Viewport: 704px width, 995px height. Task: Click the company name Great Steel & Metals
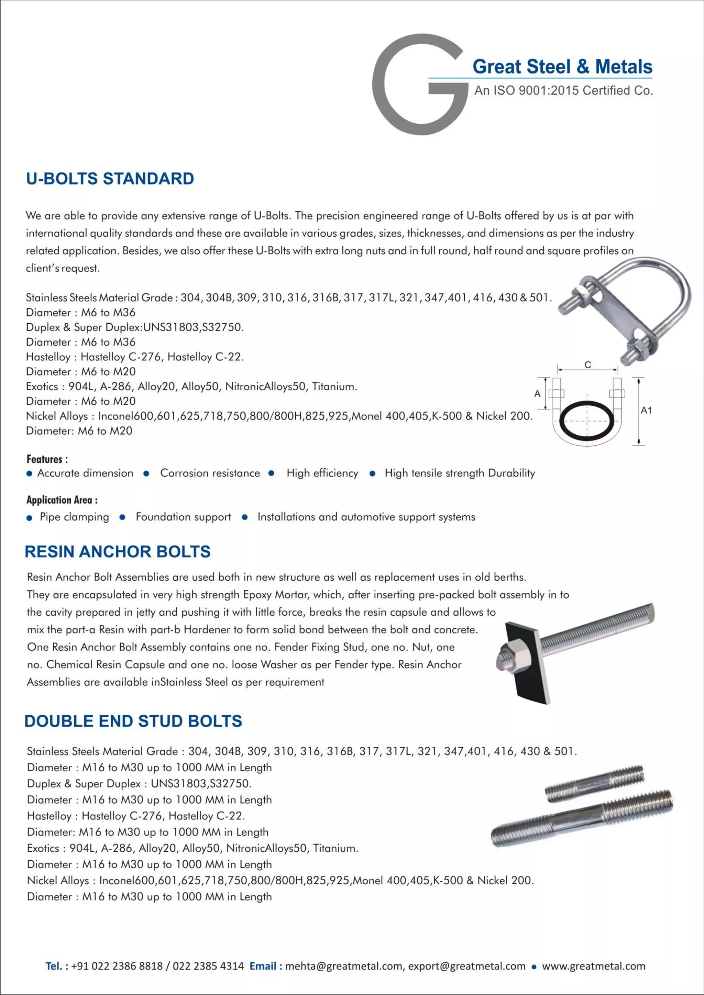tap(562, 67)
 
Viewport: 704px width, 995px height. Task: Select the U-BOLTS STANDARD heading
tap(110, 179)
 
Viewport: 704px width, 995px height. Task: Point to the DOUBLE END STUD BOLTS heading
tap(133, 721)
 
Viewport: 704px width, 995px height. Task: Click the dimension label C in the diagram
tap(587, 365)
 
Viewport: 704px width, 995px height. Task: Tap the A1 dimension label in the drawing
tap(646, 410)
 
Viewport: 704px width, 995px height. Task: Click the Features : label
tap(47, 459)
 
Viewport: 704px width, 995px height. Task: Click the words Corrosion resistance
tap(210, 473)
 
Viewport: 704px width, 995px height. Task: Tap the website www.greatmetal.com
tap(593, 965)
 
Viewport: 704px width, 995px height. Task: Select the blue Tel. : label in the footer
tap(57, 965)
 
